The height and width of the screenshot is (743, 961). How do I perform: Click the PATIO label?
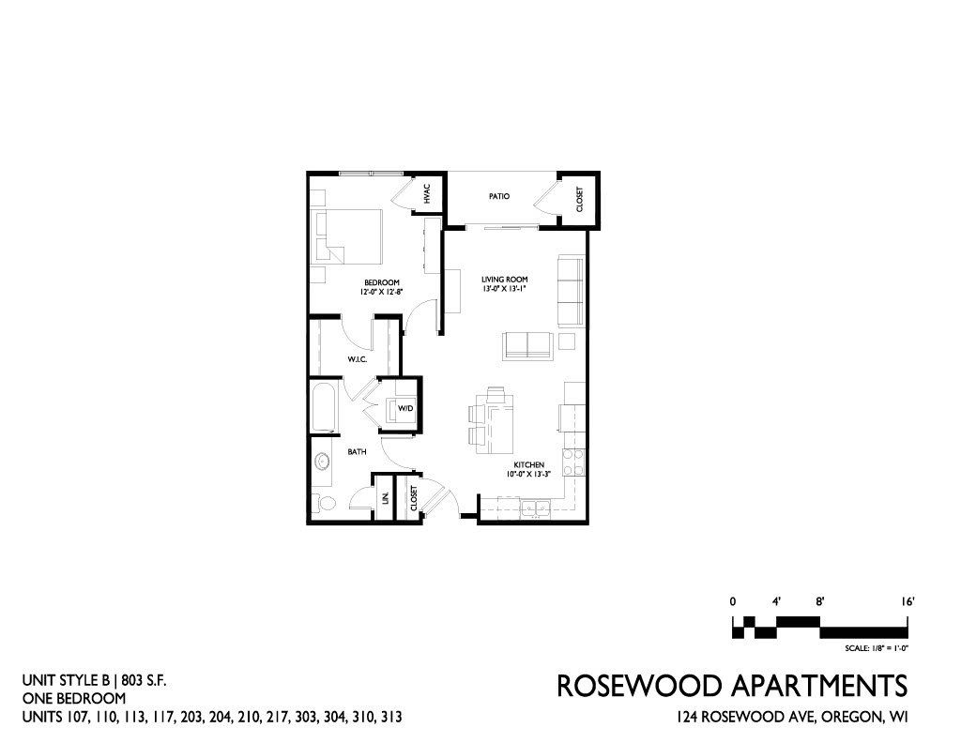[x=499, y=197]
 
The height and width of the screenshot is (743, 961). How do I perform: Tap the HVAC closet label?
[x=427, y=194]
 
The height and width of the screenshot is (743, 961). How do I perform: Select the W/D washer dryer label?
[x=405, y=408]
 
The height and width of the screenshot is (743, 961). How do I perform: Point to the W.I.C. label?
[x=358, y=359]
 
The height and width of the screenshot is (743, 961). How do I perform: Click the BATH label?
[x=357, y=452]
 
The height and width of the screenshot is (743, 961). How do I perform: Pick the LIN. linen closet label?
[x=386, y=497]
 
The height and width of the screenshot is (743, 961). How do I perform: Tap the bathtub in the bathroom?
[x=324, y=408]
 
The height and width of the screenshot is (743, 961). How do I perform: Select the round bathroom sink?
[x=322, y=462]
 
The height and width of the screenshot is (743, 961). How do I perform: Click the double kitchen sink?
[x=536, y=508]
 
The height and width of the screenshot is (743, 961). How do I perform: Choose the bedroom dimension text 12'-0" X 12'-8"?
[x=381, y=292]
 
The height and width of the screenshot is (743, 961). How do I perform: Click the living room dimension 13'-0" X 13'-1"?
[x=504, y=288]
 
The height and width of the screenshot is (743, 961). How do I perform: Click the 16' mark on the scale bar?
[x=908, y=601]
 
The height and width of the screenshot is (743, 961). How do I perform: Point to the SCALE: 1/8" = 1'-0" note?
[x=876, y=648]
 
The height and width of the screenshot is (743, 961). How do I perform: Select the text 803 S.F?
[x=144, y=680]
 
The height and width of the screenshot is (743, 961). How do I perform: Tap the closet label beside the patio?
[x=579, y=200]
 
